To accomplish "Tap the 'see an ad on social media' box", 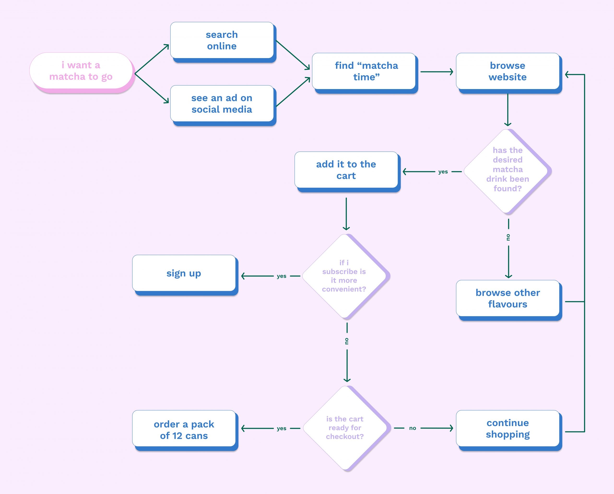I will pos(222,103).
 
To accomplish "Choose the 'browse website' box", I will pos(508,71).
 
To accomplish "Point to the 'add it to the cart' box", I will pos(346,170).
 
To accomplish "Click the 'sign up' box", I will pos(184,273).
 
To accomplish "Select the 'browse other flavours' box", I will pos(508,298).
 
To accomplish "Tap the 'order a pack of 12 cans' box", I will pos(184,430).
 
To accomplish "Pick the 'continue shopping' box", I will pos(508,428).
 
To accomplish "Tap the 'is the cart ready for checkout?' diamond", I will pos(345,428).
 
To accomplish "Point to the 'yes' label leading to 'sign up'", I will pos(281,276).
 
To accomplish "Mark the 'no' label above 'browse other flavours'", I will pos(508,237).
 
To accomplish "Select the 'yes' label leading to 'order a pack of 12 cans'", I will pos(281,428).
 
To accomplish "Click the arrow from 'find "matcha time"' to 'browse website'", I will pos(437,72).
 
